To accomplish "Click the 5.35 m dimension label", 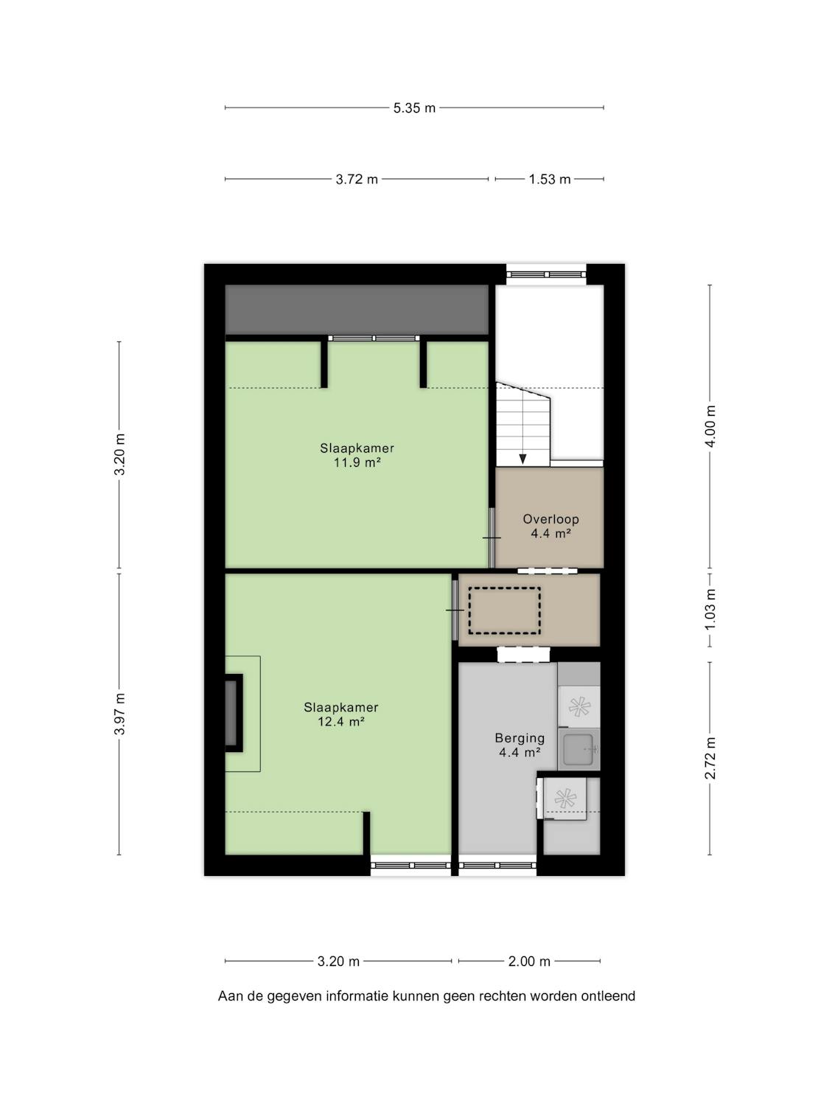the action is click(414, 108).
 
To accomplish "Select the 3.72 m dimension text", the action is click(357, 179).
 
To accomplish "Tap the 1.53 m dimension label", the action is click(550, 179).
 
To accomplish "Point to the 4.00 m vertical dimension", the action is click(710, 426).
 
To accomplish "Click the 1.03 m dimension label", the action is click(710, 609).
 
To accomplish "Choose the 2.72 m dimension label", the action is click(710, 758).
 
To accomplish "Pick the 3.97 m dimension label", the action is click(119, 714).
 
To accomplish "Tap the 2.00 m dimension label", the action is click(529, 962).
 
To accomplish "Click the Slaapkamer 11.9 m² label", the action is click(357, 455).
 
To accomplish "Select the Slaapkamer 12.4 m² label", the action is click(340, 714).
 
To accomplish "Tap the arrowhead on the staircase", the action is click(522, 459).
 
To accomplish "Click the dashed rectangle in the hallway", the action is click(504, 611).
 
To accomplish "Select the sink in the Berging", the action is click(579, 749).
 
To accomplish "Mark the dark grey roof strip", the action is click(357, 310).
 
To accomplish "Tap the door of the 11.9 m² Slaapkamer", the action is click(492, 538).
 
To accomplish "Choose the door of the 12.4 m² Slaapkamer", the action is click(455, 611).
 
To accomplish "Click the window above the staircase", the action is click(546, 274).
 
